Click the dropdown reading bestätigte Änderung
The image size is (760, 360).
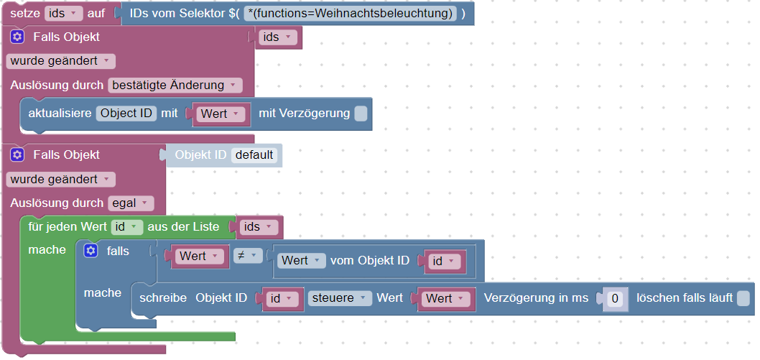[175, 86]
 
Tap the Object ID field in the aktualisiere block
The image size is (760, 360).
[126, 114]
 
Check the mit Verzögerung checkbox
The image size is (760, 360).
[361, 114]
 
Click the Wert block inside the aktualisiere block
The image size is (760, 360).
[220, 114]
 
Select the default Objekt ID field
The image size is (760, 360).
[254, 155]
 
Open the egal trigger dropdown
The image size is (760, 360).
[131, 203]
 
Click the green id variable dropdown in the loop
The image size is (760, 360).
[127, 227]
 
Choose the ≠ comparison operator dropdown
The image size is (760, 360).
[247, 256]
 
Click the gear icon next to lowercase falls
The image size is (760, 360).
[91, 251]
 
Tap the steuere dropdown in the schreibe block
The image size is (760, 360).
[340, 298]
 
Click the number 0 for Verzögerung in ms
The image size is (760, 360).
[614, 298]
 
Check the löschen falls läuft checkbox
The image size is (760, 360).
[743, 298]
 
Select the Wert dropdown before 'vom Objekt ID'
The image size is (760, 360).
[301, 261]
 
